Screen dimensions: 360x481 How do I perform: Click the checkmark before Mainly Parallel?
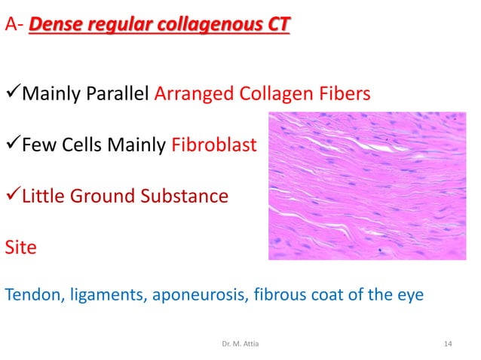point(13,96)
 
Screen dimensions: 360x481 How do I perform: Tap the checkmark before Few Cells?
point(13,145)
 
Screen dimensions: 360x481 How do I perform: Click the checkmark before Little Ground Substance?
point(13,196)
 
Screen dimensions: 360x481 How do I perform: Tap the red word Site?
point(20,246)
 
